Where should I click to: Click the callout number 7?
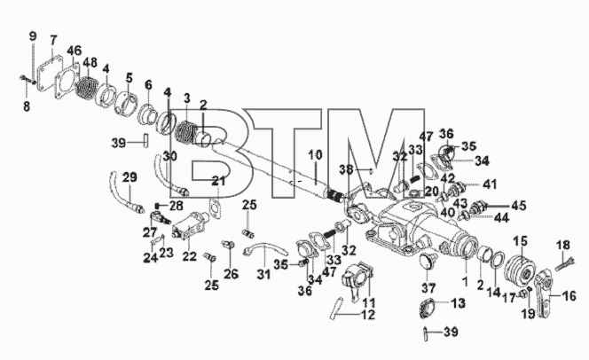click(53, 40)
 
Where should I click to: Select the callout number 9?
click(33, 36)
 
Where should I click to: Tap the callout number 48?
click(90, 63)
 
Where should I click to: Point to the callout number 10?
click(316, 154)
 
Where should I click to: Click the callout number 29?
click(130, 177)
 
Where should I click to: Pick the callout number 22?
click(190, 256)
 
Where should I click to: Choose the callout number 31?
click(263, 274)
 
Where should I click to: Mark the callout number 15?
click(521, 240)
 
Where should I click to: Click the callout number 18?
click(563, 245)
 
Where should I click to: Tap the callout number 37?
click(428, 288)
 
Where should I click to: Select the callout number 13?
click(459, 303)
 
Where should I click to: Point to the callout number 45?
click(519, 206)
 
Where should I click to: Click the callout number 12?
click(368, 315)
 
